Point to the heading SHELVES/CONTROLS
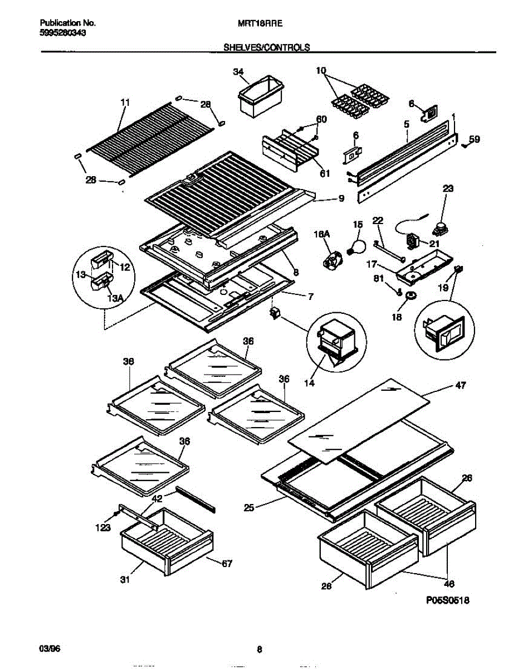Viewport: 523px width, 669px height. pyautogui.click(x=266, y=48)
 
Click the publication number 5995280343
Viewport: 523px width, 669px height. pyautogui.click(x=62, y=33)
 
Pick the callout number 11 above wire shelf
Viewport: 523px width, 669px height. pyautogui.click(x=125, y=102)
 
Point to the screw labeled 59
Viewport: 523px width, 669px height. pyautogui.click(x=465, y=144)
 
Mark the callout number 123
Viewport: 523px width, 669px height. pyautogui.click(x=103, y=527)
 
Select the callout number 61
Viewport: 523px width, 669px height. pyautogui.click(x=325, y=173)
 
